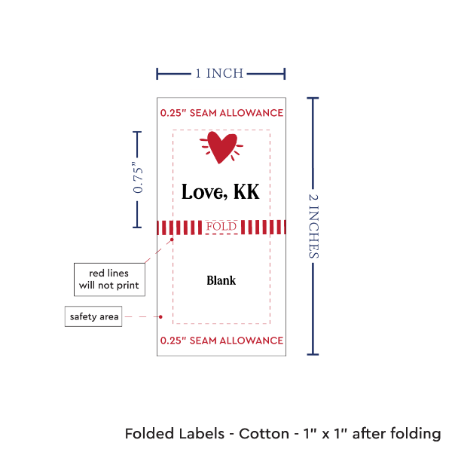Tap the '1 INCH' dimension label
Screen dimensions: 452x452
pos(219,74)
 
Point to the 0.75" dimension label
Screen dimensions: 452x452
pos(138,179)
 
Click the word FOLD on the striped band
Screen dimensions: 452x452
pos(221,227)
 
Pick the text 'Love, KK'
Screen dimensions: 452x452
pos(221,192)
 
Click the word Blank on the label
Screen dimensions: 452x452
pos(221,280)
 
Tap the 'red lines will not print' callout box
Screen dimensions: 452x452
pos(109,279)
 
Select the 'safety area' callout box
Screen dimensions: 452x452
pos(93,316)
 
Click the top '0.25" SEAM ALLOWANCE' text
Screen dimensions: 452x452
pos(221,113)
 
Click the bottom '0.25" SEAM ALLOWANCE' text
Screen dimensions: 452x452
pos(221,341)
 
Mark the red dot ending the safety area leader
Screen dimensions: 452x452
pos(162,316)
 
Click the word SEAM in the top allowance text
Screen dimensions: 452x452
pos(206,113)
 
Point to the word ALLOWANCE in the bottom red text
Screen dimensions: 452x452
pos(253,341)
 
